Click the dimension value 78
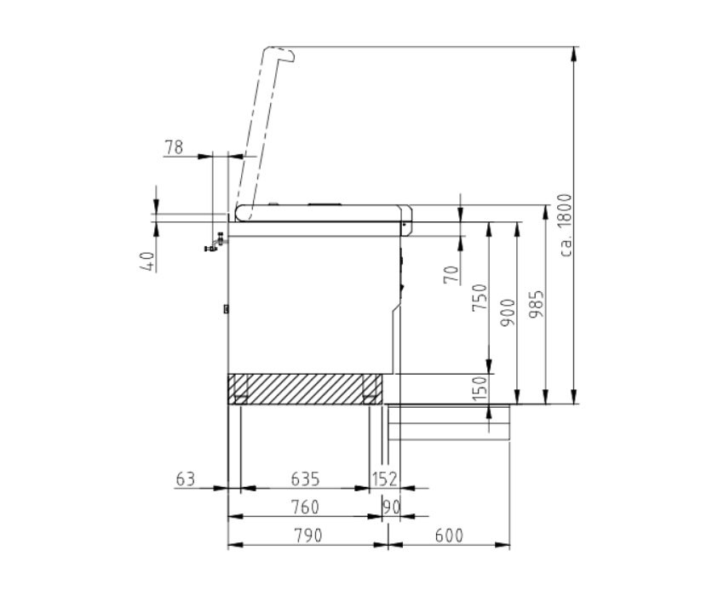[x=174, y=148]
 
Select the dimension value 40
[x=147, y=261]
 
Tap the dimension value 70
[x=451, y=274]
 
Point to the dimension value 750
[x=480, y=298]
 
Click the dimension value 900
[x=508, y=312]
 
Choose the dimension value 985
[x=536, y=304]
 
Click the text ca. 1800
[x=566, y=226]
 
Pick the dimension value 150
[x=480, y=388]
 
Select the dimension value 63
[x=186, y=479]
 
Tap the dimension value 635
[x=305, y=479]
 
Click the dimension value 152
[x=385, y=479]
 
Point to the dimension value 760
[x=305, y=507]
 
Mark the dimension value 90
[x=392, y=507]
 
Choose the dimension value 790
[x=308, y=536]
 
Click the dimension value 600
[x=449, y=536]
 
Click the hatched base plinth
[x=305, y=389]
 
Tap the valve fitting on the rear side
[x=215, y=243]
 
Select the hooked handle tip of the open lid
[x=288, y=55]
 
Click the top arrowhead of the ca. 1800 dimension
[x=574, y=54]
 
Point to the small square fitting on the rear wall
[x=226, y=309]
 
